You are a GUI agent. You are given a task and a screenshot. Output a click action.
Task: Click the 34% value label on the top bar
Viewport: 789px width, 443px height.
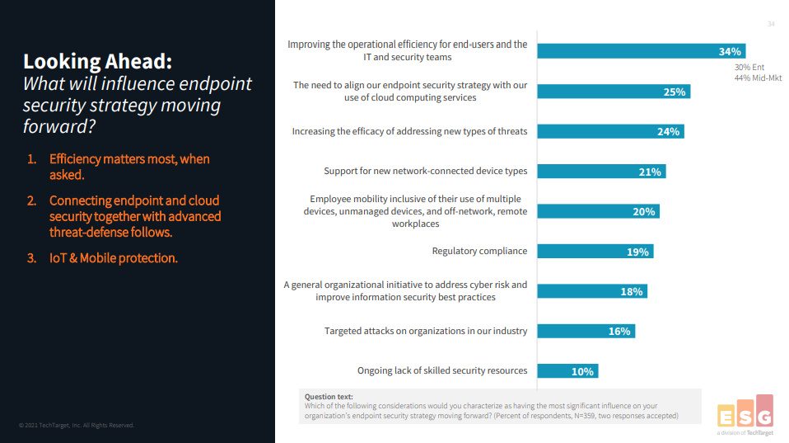pos(730,51)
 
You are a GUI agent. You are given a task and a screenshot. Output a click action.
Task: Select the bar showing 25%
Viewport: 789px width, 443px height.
pos(614,92)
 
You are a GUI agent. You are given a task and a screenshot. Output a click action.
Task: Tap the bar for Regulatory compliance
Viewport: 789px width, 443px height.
pos(595,252)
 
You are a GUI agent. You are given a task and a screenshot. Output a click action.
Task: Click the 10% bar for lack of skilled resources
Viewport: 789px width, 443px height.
pos(567,371)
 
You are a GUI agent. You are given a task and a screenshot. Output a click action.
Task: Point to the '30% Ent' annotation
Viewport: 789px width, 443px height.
pos(750,68)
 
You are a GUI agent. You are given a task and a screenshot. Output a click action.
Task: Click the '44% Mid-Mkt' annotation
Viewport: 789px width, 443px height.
pos(758,78)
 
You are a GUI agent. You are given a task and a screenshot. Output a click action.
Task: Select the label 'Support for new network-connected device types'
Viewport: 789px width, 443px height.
pos(425,172)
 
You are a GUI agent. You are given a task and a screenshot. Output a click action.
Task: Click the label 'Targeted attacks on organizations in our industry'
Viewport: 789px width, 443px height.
pos(425,331)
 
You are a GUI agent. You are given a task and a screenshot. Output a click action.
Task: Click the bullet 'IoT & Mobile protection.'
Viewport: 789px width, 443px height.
pos(113,258)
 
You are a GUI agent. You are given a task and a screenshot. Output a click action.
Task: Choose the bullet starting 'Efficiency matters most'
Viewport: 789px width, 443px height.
pos(128,167)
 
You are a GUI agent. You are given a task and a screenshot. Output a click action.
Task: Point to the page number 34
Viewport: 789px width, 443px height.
pos(771,24)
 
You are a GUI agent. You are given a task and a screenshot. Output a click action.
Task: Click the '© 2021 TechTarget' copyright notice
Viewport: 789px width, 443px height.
pos(77,426)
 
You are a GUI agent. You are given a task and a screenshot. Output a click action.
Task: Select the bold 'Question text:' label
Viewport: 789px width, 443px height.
pos(329,397)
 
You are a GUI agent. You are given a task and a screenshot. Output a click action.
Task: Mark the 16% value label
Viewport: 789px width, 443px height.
pos(619,332)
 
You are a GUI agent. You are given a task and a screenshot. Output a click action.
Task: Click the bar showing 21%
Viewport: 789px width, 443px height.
pos(601,172)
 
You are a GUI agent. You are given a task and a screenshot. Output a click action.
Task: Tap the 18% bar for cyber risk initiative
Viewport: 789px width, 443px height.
pos(591,291)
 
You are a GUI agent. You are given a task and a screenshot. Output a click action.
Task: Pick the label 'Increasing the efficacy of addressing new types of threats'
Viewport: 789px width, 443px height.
pos(409,131)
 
